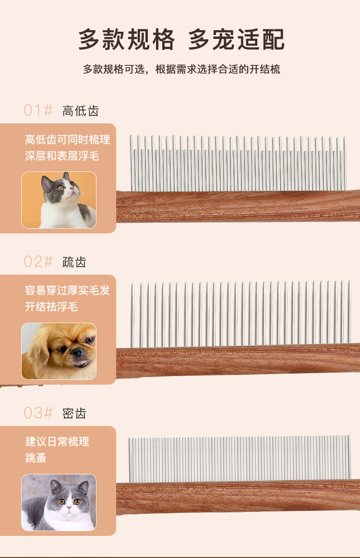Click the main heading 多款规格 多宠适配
coord(181,39)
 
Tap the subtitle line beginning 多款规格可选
coord(181,69)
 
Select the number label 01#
coord(38,110)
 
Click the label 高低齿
coord(80,111)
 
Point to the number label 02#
coord(38,262)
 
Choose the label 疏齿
coord(74,262)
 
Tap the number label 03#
coord(38,413)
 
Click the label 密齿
coord(74,413)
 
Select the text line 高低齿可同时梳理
coord(68,139)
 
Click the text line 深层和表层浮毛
coord(62,156)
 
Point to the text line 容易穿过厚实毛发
coord(68,291)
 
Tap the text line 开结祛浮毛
coord(51,307)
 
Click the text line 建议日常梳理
coord(57,442)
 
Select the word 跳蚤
coord(36,458)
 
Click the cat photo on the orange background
coord(59,200)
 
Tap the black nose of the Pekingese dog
coord(77,352)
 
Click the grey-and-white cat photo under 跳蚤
coord(59,502)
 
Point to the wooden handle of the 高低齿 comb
coord(238,206)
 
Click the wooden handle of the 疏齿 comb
coord(238,360)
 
